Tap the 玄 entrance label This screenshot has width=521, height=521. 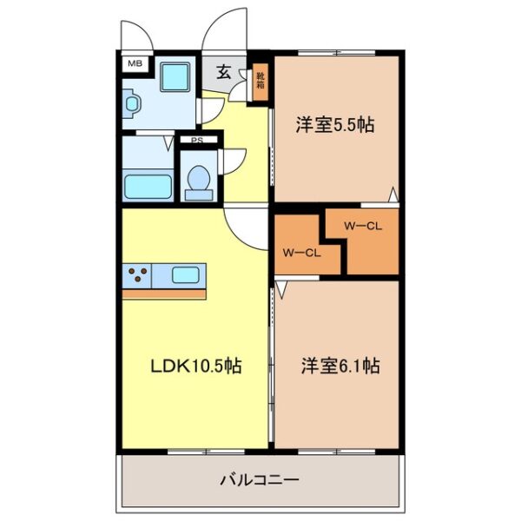[224, 72]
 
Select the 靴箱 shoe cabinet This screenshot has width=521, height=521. [260, 82]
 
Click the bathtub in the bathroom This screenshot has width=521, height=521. [148, 186]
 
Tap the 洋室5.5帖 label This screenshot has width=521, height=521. [334, 125]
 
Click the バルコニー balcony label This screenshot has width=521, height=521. [259, 478]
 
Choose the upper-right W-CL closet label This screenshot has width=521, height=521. [363, 227]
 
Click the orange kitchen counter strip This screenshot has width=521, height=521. [164, 294]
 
